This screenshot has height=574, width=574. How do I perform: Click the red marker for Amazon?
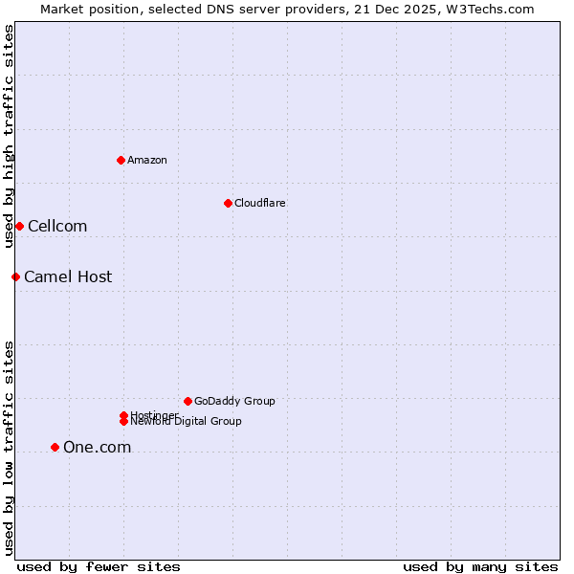pos(121,160)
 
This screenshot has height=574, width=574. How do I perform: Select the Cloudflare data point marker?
pos(228,203)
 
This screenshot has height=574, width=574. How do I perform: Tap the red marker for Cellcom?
pos(19,226)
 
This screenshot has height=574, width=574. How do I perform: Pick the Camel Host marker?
pos(15,276)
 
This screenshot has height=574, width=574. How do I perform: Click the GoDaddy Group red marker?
pos(188,401)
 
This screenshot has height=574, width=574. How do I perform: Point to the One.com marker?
pos(55,447)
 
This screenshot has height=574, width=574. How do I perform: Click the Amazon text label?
pos(147,160)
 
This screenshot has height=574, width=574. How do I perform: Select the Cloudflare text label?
pos(260,203)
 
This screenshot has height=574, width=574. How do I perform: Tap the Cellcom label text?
pos(57,227)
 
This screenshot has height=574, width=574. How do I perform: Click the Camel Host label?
pos(68,277)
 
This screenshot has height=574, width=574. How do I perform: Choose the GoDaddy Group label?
pos(234,401)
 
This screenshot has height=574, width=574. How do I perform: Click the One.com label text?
pos(97,448)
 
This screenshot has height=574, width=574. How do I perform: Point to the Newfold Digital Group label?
pos(187,422)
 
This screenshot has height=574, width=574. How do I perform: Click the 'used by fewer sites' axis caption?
pos(99,566)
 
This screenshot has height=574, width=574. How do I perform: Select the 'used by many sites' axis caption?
pos(480,566)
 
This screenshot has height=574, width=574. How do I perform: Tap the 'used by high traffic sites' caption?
pos(9,136)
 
